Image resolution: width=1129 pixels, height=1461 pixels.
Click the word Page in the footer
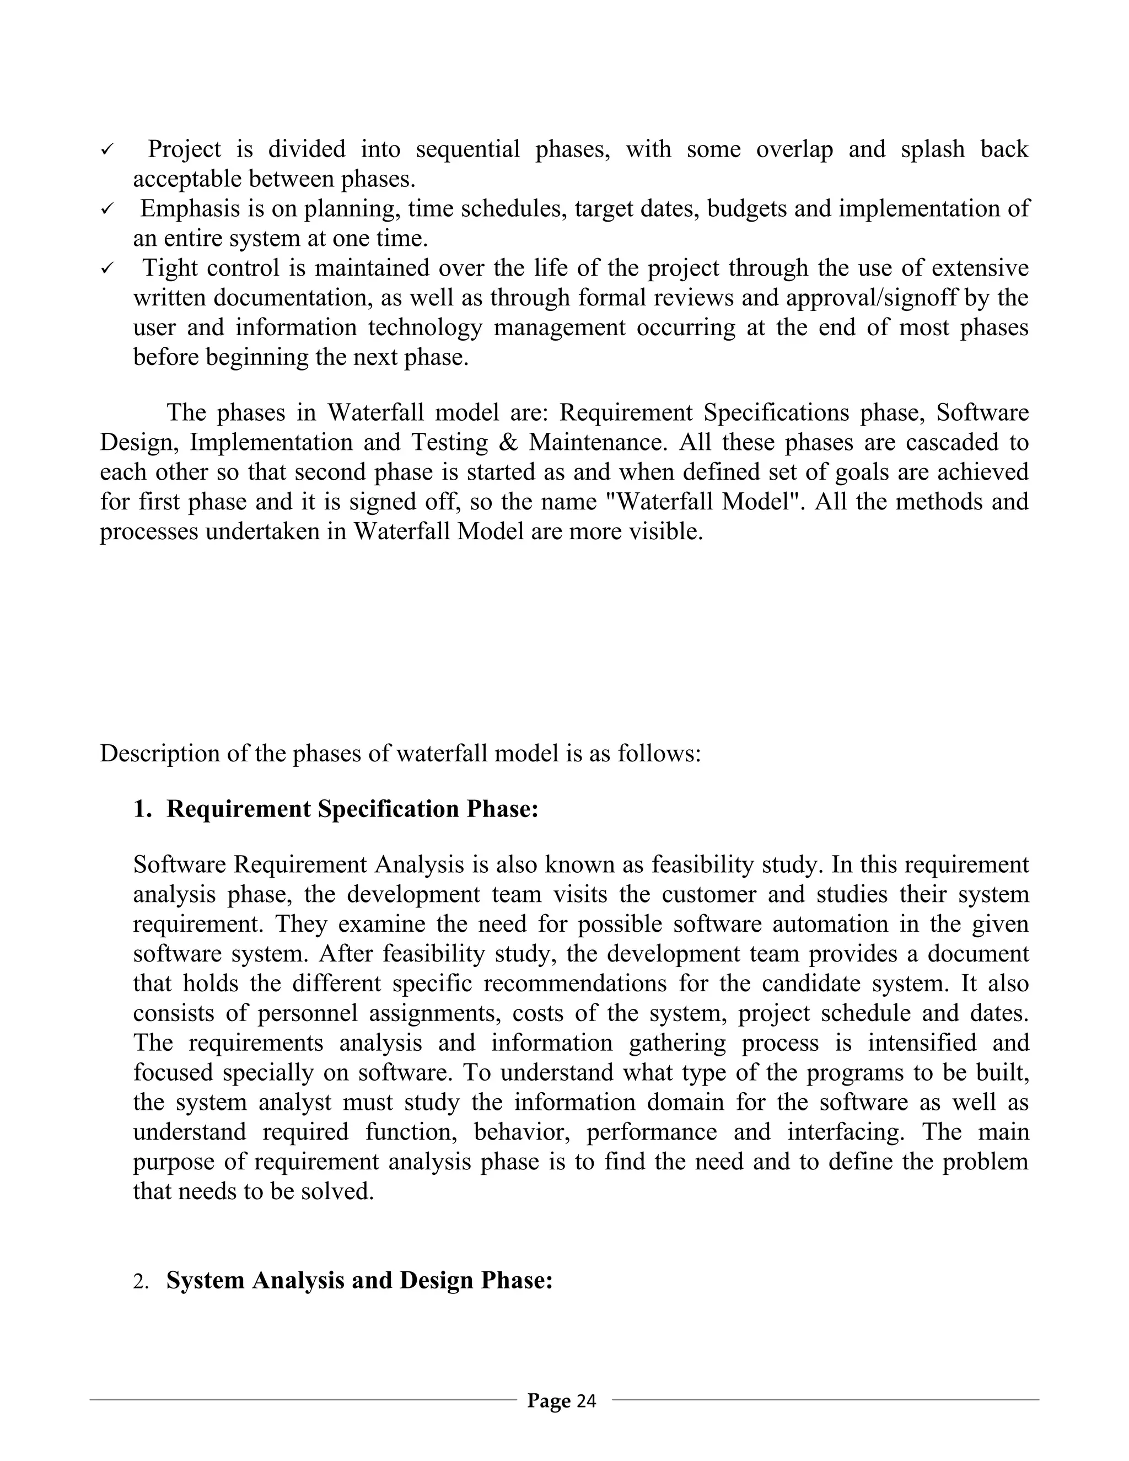pos(549,1400)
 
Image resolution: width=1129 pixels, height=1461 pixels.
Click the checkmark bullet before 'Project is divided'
pos(107,151)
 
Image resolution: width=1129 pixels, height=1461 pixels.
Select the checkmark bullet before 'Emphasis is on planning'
pos(107,210)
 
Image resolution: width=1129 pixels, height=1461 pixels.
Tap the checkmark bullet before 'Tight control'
pos(107,270)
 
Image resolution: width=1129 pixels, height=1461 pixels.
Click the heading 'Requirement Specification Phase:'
pos(352,809)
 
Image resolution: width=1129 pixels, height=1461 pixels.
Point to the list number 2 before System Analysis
pos(140,1282)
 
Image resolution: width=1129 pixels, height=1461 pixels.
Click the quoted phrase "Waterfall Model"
pos(702,502)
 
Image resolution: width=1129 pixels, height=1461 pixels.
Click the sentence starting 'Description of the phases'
pos(400,753)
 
